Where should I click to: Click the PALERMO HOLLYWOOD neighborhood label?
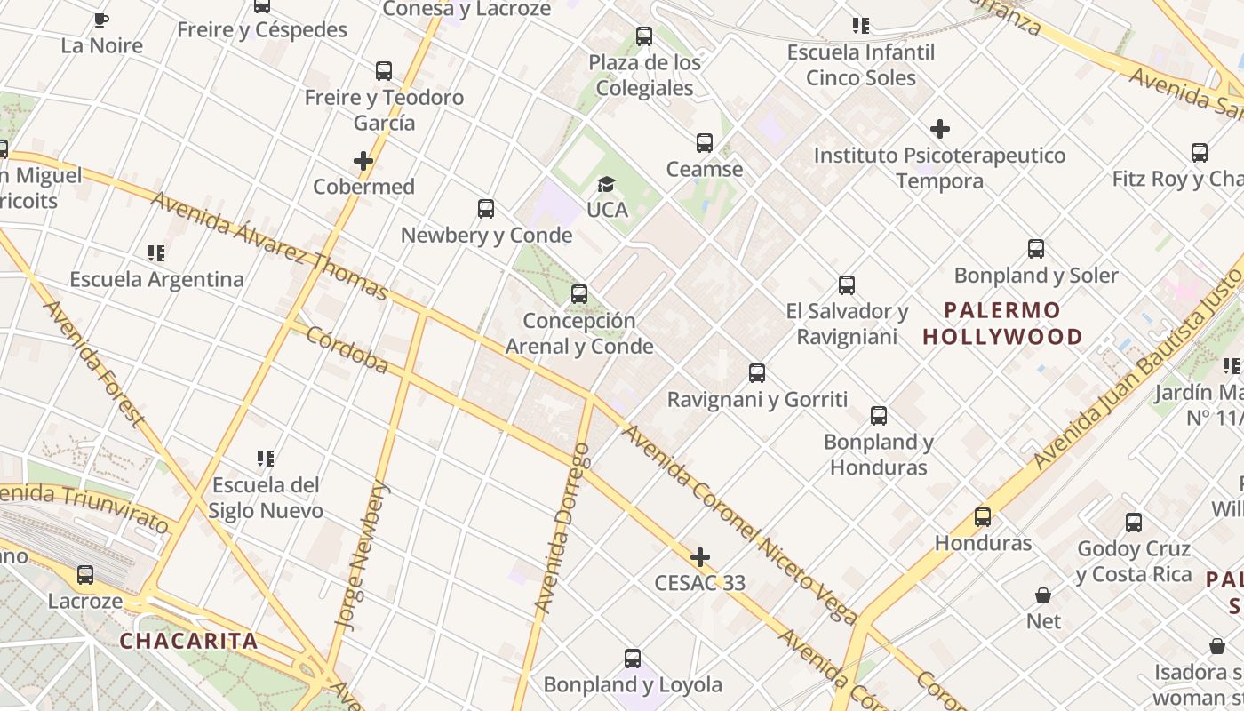coord(1002,324)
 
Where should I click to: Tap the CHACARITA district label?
coord(188,641)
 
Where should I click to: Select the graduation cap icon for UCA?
coord(606,184)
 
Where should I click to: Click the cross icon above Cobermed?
coord(363,161)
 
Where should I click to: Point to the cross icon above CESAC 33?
coord(700,557)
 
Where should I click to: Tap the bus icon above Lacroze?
coord(85,575)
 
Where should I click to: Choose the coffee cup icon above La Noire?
coord(101,20)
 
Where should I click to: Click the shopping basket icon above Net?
coord(1043,595)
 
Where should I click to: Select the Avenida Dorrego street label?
coord(562,528)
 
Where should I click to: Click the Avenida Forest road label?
coord(92,363)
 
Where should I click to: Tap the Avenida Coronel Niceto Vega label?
coord(739,524)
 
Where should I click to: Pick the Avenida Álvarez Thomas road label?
coord(269,246)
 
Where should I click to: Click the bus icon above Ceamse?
coord(705,142)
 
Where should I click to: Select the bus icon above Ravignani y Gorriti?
coord(757,373)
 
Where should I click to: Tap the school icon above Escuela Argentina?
coord(156,253)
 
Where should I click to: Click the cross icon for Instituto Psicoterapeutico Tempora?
coord(939,129)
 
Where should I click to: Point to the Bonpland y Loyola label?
coord(633,685)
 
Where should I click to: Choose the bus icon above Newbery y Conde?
coord(486,209)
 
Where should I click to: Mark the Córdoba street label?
coord(347,349)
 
